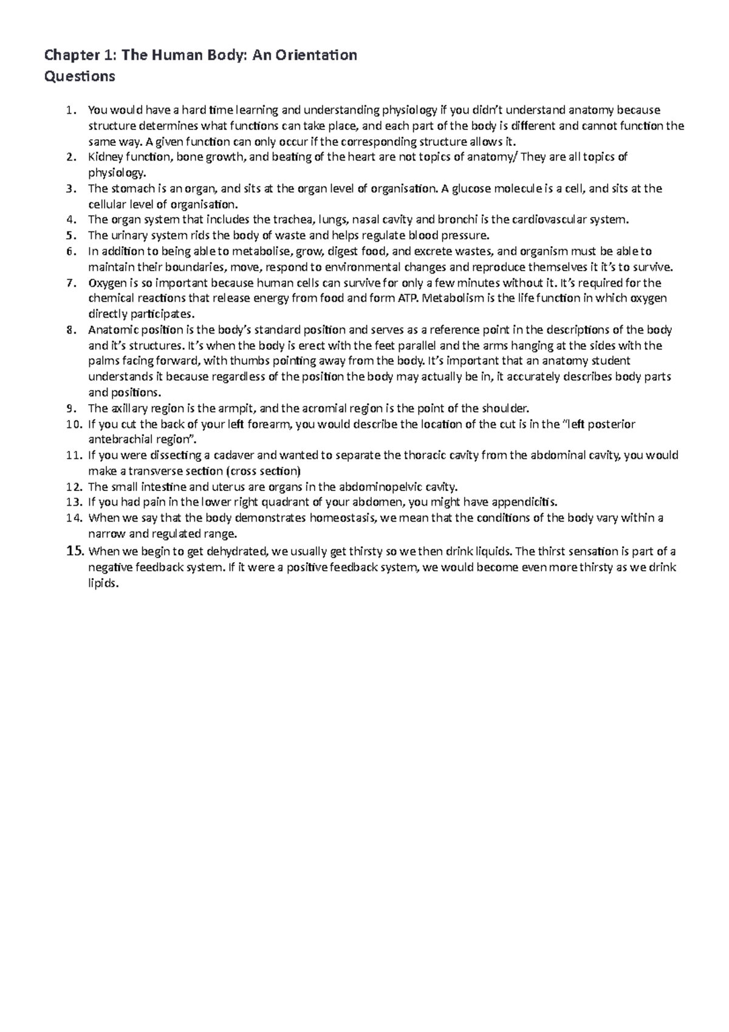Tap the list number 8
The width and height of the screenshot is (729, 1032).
[70, 330]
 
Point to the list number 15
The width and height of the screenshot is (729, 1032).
[73, 551]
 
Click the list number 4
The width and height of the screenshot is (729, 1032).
[70, 219]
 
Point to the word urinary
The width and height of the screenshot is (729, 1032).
[124, 235]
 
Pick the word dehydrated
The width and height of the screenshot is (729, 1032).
[234, 552]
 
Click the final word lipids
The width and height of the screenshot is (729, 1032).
[101, 583]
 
